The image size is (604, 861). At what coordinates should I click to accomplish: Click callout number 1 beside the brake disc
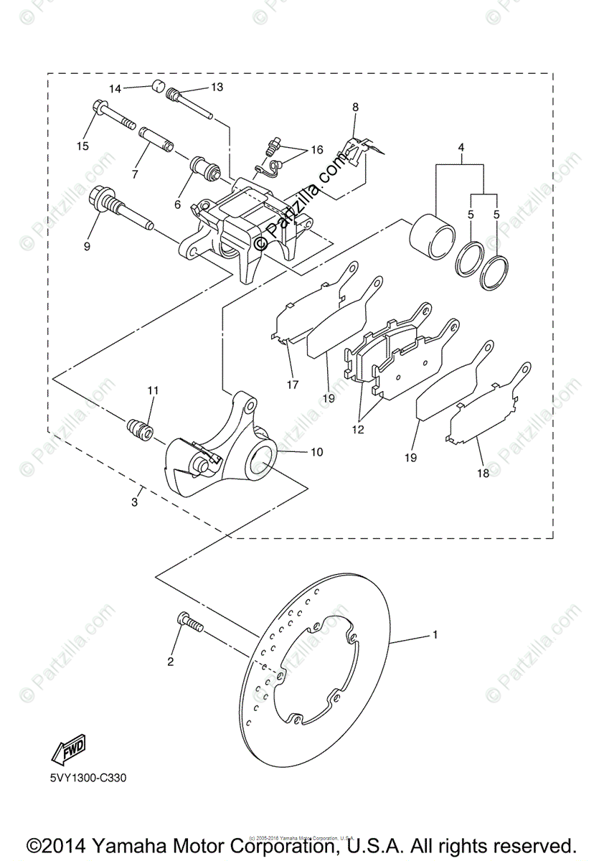click(435, 635)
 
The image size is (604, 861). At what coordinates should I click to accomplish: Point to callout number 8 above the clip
click(354, 107)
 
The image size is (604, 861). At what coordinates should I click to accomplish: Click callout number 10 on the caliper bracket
click(316, 452)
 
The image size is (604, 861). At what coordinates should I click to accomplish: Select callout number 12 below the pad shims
click(358, 430)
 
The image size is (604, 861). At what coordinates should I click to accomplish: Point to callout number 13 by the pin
click(217, 87)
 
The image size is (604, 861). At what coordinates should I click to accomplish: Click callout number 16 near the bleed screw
click(316, 150)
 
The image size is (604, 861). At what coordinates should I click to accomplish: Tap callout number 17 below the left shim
click(293, 384)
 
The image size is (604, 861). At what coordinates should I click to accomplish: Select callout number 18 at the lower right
click(483, 474)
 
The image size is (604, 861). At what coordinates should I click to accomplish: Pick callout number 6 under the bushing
click(177, 204)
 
